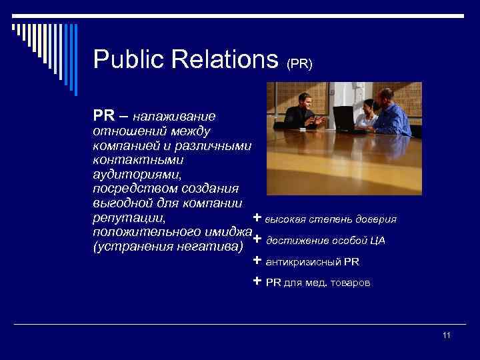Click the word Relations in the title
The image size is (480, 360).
point(225,60)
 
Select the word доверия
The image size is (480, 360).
point(376,219)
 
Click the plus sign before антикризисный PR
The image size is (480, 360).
point(257,261)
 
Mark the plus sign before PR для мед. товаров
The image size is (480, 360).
point(257,281)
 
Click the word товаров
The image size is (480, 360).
point(351,283)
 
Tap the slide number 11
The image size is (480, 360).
point(447,335)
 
